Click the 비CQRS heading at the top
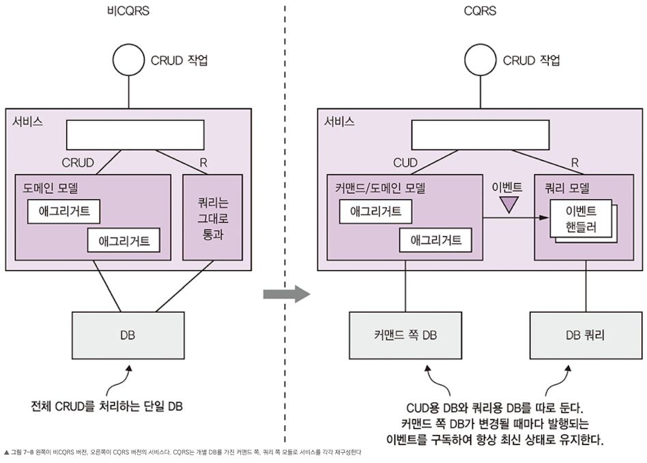[128, 10]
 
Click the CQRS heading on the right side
[480, 10]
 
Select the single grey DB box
[128, 335]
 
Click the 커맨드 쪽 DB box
[405, 335]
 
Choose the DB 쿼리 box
[586, 335]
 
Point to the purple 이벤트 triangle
[508, 204]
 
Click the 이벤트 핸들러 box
[581, 219]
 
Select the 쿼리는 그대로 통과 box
[212, 217]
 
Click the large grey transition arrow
[287, 294]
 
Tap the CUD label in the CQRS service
[405, 163]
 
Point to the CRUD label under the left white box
[78, 163]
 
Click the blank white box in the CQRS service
[480, 135]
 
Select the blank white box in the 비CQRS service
[135, 135]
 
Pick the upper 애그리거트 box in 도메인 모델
[64, 212]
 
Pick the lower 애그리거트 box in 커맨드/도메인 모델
[435, 240]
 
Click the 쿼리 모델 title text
[567, 188]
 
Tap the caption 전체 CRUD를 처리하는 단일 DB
[106, 406]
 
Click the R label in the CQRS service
[575, 163]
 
